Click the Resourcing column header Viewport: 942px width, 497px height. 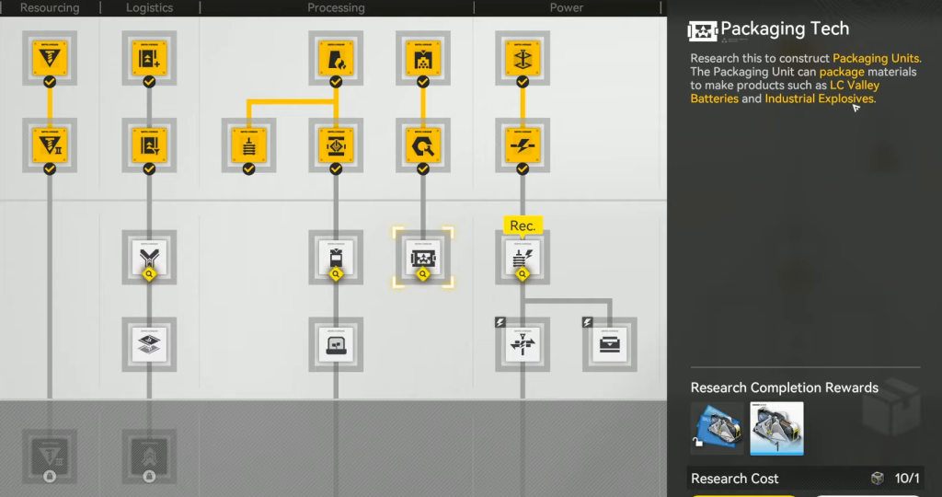click(50, 7)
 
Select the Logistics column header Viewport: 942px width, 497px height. click(149, 7)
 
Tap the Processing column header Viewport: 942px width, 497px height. click(336, 7)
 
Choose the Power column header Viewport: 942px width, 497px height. click(567, 7)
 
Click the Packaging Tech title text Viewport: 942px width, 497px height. click(785, 29)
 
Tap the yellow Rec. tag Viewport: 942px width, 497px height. click(523, 225)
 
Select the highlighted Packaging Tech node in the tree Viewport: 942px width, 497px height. click(423, 258)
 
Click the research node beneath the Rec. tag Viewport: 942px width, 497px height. click(523, 258)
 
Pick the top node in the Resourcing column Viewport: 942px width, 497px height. click(50, 59)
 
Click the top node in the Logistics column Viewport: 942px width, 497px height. click(149, 59)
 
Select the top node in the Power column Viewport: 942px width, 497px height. click(523, 59)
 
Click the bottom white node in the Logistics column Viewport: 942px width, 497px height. click(149, 344)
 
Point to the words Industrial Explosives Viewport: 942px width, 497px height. click(819, 98)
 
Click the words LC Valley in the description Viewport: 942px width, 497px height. click(855, 86)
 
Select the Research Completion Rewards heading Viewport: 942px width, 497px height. click(784, 387)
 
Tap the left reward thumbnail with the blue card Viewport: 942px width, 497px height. click(718, 428)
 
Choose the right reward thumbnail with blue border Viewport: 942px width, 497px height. click(776, 428)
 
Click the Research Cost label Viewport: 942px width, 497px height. click(734, 479)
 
